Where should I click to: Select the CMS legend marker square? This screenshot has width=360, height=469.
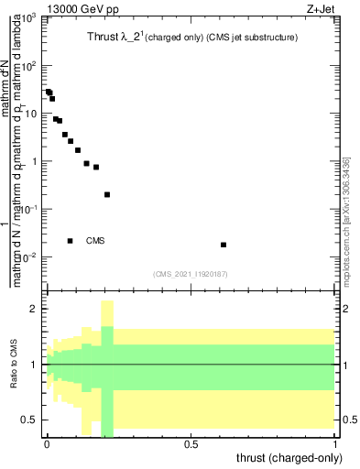[x=71, y=241]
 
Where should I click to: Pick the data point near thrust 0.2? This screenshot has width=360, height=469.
[x=107, y=194]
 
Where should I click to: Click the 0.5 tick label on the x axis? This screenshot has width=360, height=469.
[x=191, y=444]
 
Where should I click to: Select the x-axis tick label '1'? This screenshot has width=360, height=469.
[x=335, y=444]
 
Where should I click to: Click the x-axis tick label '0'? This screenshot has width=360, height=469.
[x=47, y=444]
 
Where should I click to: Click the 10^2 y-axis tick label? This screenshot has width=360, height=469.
[x=31, y=66]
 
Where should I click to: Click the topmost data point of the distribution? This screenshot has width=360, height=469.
[x=49, y=92]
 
